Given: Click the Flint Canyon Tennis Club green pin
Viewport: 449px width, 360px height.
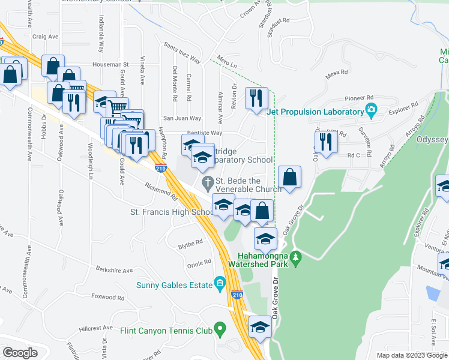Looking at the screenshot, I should tap(220, 328).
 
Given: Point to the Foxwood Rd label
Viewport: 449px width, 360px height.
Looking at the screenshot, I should tap(107, 297).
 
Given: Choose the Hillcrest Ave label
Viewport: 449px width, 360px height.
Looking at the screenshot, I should tap(95, 328).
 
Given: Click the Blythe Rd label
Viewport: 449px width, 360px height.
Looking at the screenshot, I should tap(190, 243).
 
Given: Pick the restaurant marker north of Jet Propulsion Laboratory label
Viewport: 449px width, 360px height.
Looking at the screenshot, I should tap(257, 98).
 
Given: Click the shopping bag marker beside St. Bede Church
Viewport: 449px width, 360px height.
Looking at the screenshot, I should tap(289, 178).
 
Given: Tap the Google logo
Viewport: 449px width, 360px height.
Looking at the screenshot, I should tap(20, 352).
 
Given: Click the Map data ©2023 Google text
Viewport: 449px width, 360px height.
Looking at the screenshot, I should tap(411, 355).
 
